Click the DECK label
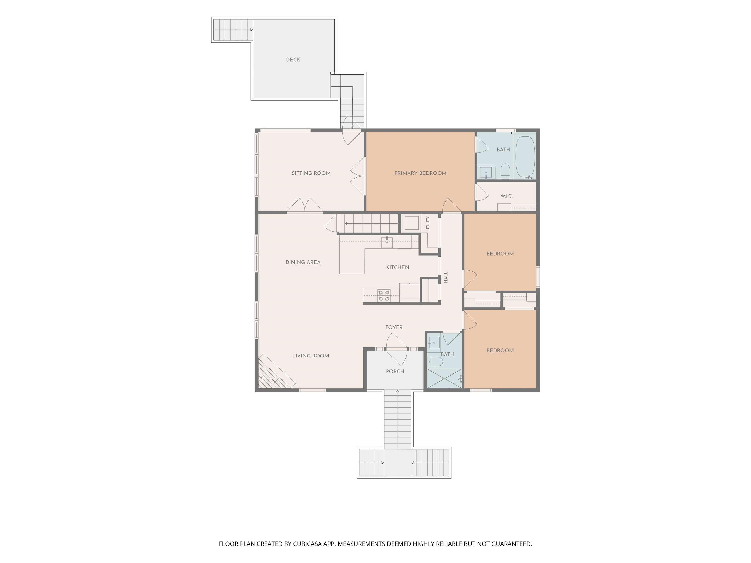293,60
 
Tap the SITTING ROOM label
311,173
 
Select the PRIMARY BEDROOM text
420,173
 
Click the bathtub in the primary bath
525,157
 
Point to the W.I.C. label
507,196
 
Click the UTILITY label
427,223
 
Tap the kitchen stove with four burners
384,295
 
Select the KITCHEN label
398,267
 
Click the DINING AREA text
303,262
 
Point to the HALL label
446,277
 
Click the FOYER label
394,327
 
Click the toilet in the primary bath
506,171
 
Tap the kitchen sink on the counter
387,242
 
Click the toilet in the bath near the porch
435,362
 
